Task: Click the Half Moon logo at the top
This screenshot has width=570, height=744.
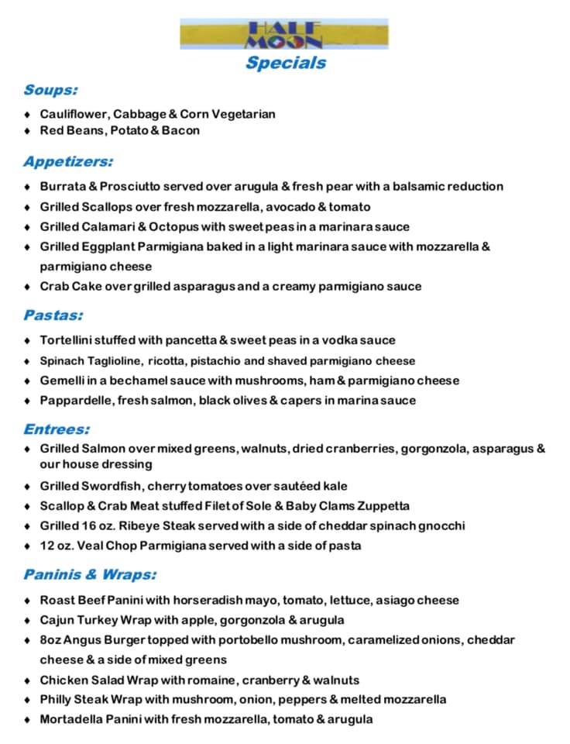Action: pyautogui.click(x=284, y=34)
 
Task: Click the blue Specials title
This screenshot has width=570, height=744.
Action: pyautogui.click(x=286, y=63)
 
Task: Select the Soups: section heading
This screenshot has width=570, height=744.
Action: pyautogui.click(x=50, y=90)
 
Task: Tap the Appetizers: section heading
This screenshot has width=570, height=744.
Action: pyautogui.click(x=68, y=162)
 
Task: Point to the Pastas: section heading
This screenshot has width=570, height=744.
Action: pyautogui.click(x=53, y=315)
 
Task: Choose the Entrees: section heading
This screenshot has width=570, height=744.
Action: pyautogui.click(x=57, y=429)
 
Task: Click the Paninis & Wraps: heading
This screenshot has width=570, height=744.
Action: pyautogui.click(x=90, y=575)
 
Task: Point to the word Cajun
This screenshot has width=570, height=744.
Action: pyautogui.click(x=57, y=621)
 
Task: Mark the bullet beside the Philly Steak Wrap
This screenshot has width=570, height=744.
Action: pyautogui.click(x=27, y=701)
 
